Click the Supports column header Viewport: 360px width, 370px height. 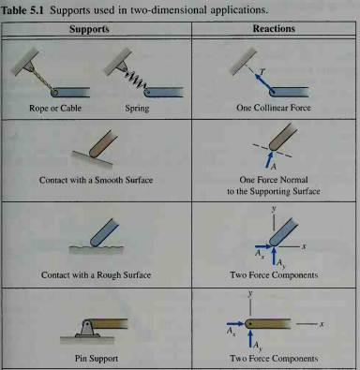89,29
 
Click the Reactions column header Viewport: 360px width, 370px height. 274,29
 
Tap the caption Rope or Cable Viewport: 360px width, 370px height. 55,109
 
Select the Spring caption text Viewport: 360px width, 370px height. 137,109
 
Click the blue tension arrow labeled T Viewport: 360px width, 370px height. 262,81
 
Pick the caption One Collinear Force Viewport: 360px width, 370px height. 274,108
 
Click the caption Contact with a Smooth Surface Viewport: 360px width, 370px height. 97,180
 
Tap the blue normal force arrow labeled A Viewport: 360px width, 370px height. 268,159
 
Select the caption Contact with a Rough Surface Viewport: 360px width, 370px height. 96,275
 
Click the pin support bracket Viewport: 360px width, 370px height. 87,328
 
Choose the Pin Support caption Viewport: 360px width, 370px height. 97,358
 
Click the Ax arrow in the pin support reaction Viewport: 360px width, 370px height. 235,324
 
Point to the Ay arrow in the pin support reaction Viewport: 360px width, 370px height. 250,338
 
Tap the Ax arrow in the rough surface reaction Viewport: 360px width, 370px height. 263,246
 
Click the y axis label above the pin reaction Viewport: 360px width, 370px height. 250,294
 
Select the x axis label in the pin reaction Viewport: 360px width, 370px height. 322,324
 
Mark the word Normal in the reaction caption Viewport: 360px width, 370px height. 294,180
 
